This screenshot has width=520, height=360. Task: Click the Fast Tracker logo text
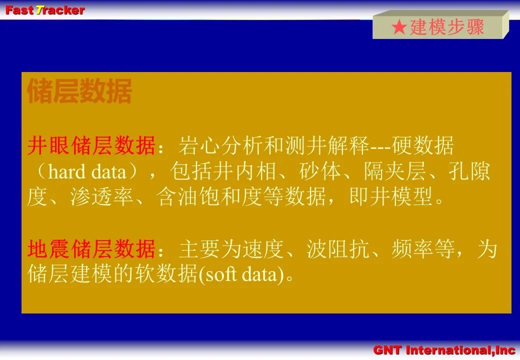pyautogui.click(x=45, y=10)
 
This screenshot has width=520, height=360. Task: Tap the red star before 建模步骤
pyautogui.click(x=399, y=27)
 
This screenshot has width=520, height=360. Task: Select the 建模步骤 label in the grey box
pyautogui.click(x=447, y=27)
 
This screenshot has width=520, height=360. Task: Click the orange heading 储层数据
pyautogui.click(x=79, y=91)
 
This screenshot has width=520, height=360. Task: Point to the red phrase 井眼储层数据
pyautogui.click(x=91, y=145)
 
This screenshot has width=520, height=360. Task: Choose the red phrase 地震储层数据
pyautogui.click(x=91, y=249)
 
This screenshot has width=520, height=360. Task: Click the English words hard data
pyautogui.click(x=87, y=171)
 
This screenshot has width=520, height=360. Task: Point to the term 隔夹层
pyautogui.click(x=395, y=171)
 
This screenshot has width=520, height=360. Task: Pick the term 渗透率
pyautogui.click(x=101, y=197)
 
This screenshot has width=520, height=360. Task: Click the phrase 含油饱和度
pyautogui.click(x=209, y=197)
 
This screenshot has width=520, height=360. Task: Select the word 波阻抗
pyautogui.click(x=337, y=249)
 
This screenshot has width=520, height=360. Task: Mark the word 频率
pyautogui.click(x=412, y=249)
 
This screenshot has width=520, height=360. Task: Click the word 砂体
pyautogui.click(x=320, y=171)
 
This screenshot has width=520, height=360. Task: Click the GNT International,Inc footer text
pyautogui.click(x=444, y=350)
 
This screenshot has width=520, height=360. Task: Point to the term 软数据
pyautogui.click(x=166, y=274)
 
